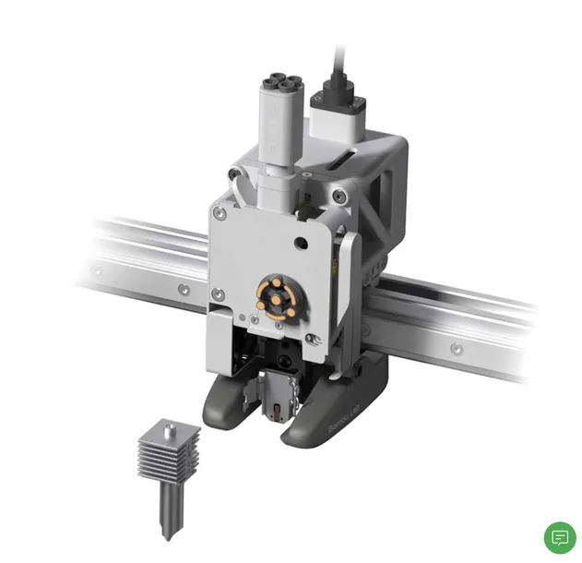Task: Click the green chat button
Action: [559, 537]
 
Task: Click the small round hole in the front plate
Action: [297, 243]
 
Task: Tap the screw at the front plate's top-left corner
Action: [221, 215]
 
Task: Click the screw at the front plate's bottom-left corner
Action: [218, 296]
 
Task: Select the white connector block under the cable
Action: [339, 116]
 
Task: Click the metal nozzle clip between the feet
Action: [278, 398]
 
